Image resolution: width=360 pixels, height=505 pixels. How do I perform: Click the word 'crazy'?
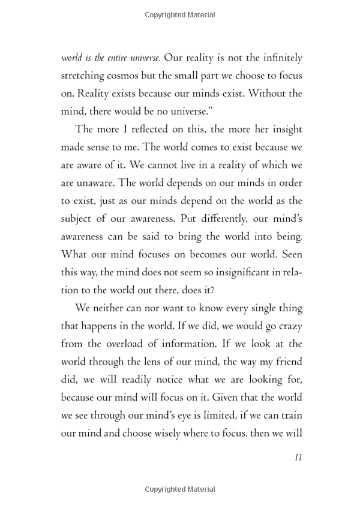coord(288,326)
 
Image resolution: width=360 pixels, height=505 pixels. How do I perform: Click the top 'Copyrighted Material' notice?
coord(180,14)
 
